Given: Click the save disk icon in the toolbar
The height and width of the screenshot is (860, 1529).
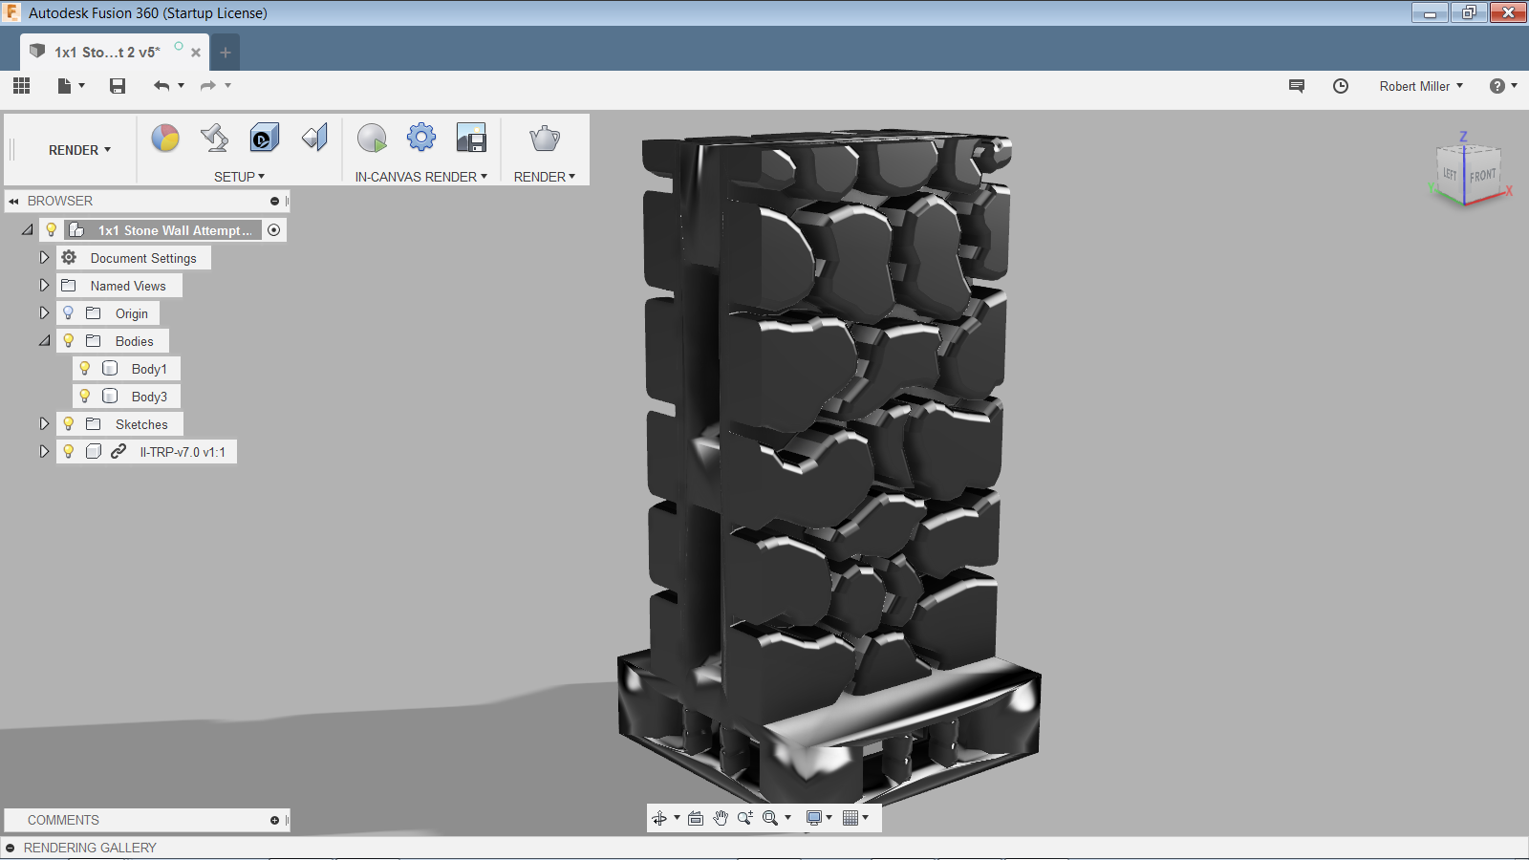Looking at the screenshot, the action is tap(118, 86).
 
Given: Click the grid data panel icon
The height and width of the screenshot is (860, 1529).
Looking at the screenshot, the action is tap(22, 85).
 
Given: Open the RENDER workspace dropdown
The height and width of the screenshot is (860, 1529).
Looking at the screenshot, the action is tap(79, 150).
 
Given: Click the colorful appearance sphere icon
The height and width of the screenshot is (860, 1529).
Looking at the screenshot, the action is tap(165, 138).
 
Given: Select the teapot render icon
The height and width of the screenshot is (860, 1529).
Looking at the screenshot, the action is tap(545, 139).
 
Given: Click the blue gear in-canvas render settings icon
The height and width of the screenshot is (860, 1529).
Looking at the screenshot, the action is tap(421, 138).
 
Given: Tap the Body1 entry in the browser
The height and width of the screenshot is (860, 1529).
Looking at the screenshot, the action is tap(149, 369).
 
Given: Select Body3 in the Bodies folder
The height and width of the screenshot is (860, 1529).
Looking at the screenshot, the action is tap(149, 397).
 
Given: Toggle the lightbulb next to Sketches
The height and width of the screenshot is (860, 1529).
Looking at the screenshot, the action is tap(68, 424).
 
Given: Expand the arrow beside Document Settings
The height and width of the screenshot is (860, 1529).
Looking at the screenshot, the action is tap(44, 258).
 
